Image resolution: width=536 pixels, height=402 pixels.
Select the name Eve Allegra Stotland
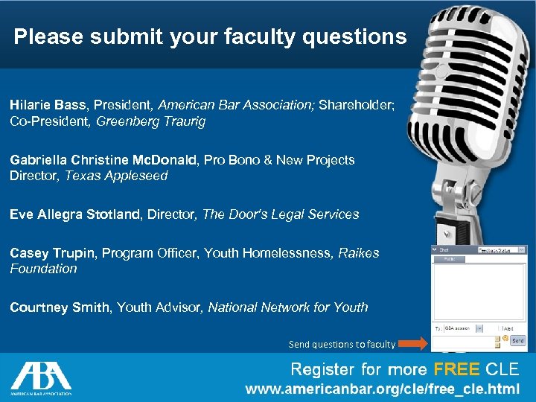[x=75, y=214]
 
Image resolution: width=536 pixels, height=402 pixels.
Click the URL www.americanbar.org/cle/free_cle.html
[x=383, y=389]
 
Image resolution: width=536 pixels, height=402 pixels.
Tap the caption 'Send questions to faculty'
[x=342, y=344]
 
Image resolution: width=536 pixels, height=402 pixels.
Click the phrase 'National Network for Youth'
[x=288, y=307]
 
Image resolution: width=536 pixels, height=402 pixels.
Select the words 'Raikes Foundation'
[x=194, y=261]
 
